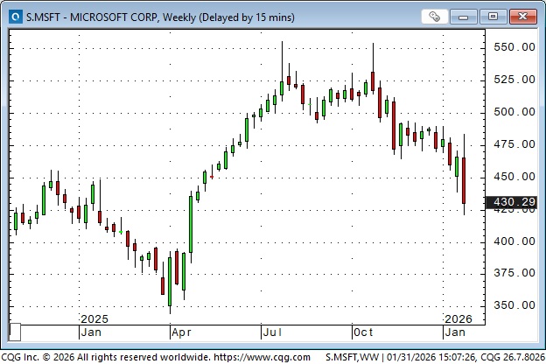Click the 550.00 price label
[513, 47]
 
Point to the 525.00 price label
[513, 80]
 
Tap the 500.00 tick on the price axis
[513, 112]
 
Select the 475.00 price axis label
[513, 144]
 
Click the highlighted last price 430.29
[514, 202]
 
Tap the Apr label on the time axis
[181, 332]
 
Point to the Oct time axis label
[363, 332]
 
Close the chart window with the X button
[522, 16]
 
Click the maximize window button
[493, 16]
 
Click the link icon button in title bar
[435, 16]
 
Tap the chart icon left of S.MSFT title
[14, 17]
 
